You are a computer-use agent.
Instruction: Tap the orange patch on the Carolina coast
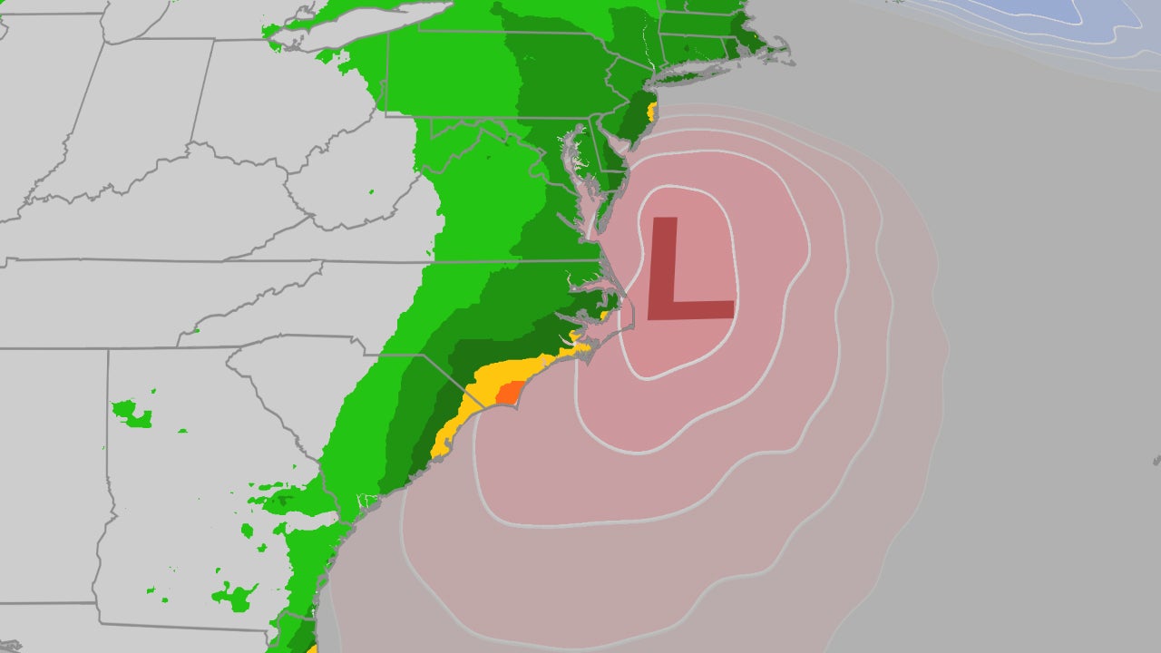509,392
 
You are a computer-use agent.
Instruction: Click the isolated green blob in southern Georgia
233,598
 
